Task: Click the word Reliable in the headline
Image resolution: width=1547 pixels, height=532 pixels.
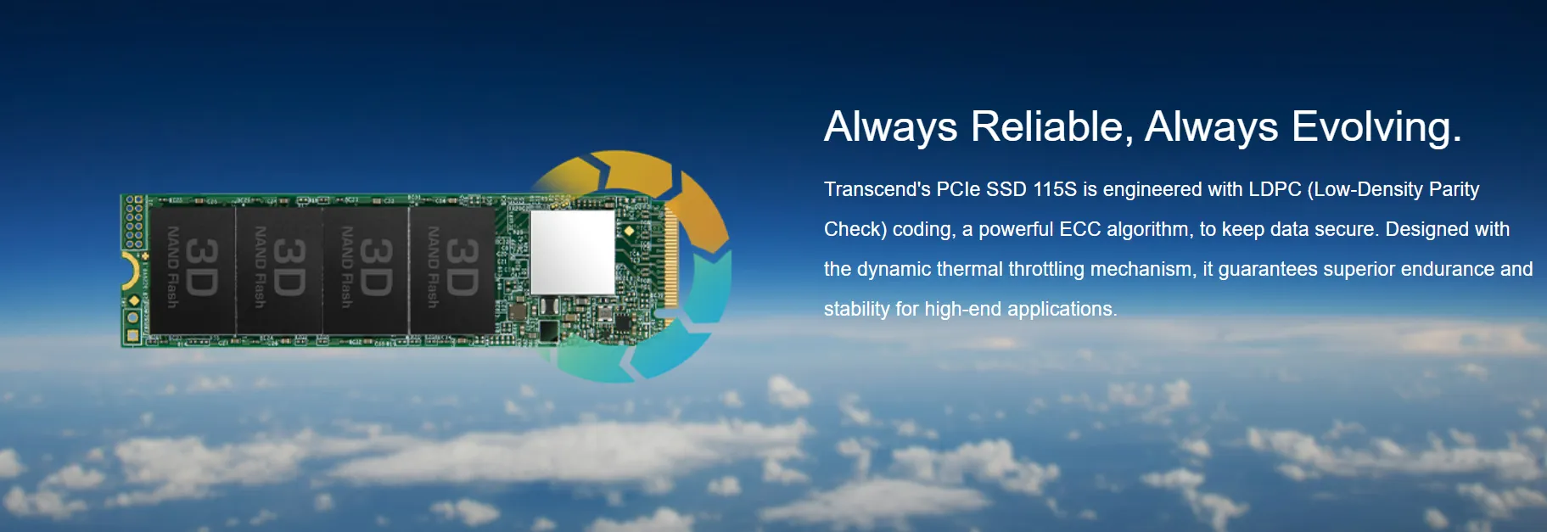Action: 1047,126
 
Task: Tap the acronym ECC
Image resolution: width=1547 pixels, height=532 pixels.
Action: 1079,229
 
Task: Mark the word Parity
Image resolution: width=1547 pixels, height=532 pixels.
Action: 1455,190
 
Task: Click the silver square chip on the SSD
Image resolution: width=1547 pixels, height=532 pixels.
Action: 572,252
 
